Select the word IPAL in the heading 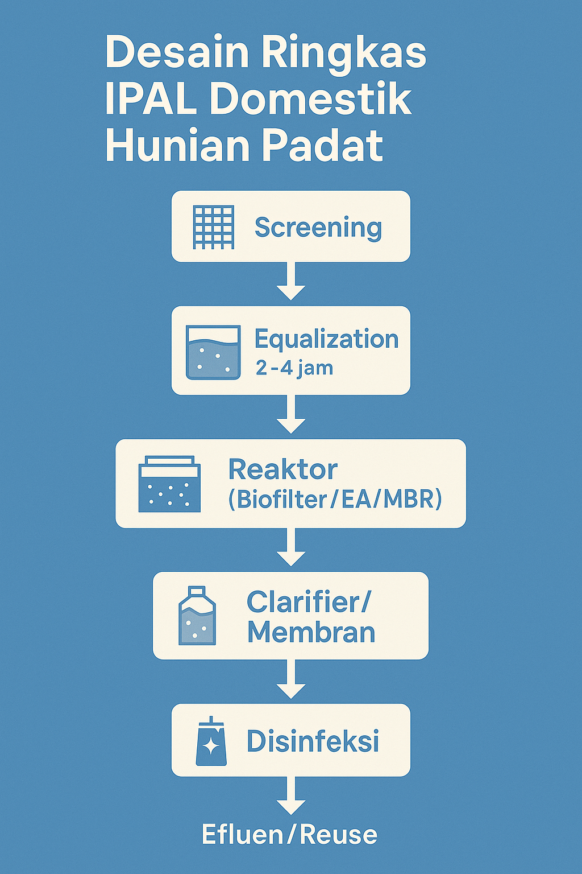pos(151,99)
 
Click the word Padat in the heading pos(322,145)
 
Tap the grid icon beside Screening pos(214,227)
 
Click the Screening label pos(318,228)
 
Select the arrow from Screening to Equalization pos(291,282)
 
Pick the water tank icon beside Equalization pos(213,352)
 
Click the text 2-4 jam pos(294,368)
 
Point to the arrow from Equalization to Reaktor pos(291,415)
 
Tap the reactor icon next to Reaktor pos(169,484)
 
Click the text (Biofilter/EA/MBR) pos(335,499)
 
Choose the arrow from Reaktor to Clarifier pos(291,548)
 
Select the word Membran pos(311,632)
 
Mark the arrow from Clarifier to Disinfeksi pos(291,681)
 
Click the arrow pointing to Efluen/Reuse pos(291,797)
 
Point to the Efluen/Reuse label pos(290,835)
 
